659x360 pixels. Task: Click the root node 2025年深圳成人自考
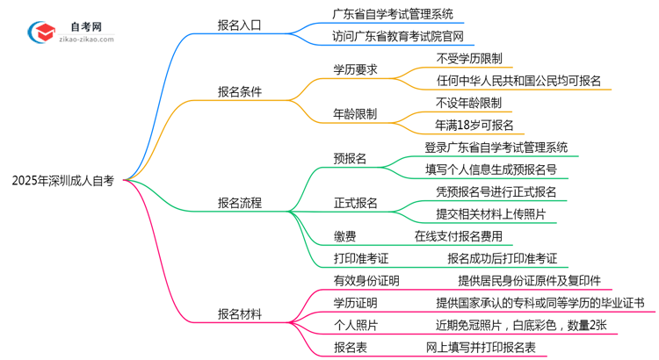coord(63,181)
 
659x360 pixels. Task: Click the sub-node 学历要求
coord(355,68)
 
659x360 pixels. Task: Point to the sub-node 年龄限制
coord(355,113)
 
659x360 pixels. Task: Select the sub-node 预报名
coord(350,158)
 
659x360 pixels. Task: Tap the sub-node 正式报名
coord(355,203)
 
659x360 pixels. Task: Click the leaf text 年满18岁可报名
coord(474,125)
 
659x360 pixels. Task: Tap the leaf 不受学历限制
coord(469,58)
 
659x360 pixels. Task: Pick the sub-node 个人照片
coord(355,326)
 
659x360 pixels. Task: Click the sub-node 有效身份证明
coord(366,281)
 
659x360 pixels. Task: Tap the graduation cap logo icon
coord(40,32)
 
